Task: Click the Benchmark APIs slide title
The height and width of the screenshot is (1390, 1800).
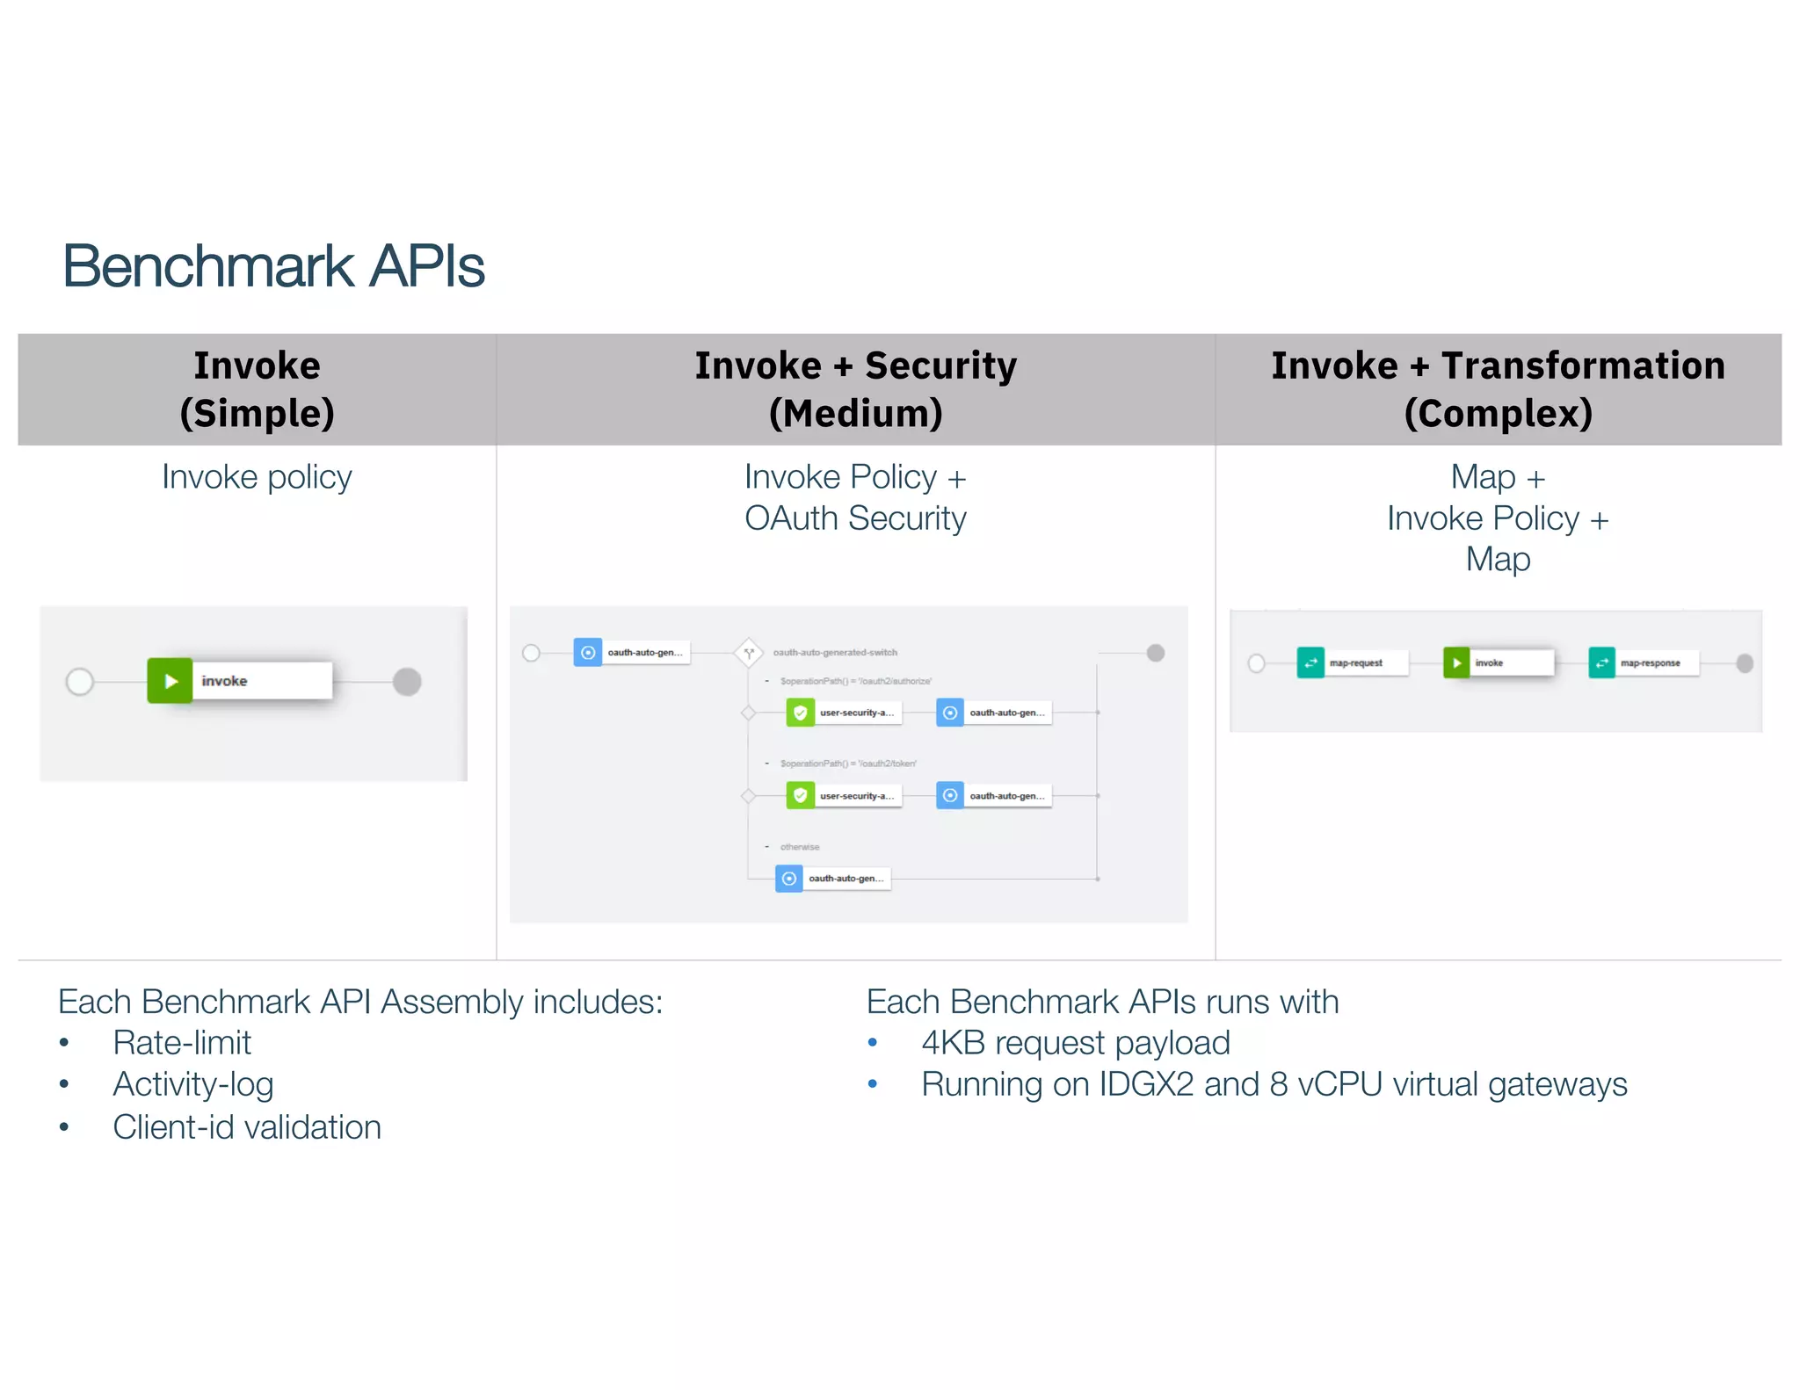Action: (x=272, y=266)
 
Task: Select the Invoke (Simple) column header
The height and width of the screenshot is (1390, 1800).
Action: (x=257, y=389)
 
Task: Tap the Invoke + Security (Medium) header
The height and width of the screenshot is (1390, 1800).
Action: (x=855, y=389)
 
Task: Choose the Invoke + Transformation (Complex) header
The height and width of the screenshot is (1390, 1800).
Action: (x=1498, y=389)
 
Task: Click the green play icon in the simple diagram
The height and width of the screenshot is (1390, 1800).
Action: (x=170, y=681)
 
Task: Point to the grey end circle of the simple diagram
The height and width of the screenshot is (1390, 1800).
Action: (x=407, y=681)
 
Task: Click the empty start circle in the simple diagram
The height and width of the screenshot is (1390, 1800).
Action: (x=80, y=681)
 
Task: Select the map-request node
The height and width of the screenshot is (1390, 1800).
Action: (x=1353, y=662)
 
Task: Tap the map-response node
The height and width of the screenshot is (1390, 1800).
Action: (x=1644, y=662)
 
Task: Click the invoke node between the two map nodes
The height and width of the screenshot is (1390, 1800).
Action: (x=1498, y=662)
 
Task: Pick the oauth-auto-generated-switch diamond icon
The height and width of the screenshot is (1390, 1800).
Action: (x=748, y=653)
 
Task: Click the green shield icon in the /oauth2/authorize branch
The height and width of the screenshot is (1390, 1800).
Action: (x=800, y=713)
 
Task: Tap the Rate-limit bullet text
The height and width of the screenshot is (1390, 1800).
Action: (x=182, y=1043)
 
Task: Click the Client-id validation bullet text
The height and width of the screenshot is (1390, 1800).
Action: (x=247, y=1127)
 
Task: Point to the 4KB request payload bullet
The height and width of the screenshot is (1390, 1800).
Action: (x=1075, y=1043)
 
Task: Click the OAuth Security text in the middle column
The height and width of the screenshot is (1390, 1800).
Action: (x=855, y=518)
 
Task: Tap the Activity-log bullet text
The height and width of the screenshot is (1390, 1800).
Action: (x=193, y=1084)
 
